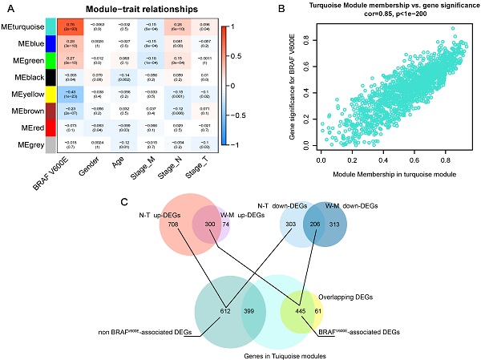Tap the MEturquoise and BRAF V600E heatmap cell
tap(71, 28)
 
